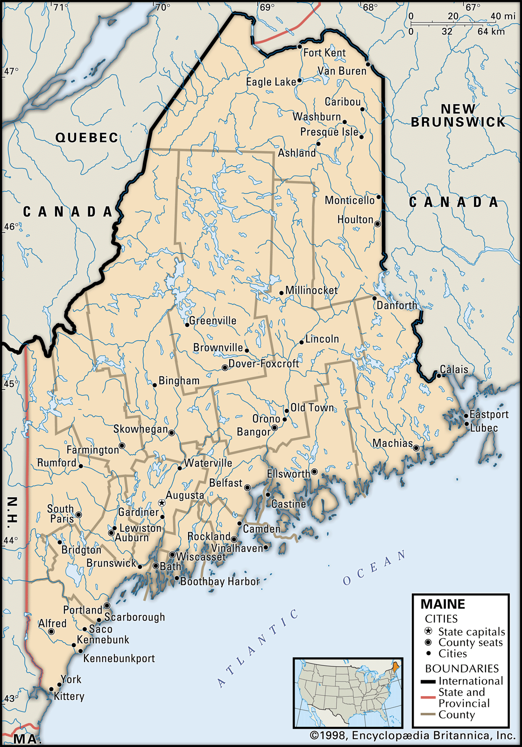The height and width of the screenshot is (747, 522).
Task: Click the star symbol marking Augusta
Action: [162, 503]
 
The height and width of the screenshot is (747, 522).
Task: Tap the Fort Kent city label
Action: [324, 53]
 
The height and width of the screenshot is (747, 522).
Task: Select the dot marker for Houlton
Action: [378, 224]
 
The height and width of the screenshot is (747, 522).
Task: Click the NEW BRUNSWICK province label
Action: [458, 115]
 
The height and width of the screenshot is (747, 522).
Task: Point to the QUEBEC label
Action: [87, 138]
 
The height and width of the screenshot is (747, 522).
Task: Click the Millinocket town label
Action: [311, 290]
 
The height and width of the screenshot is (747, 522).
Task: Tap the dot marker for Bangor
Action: [275, 428]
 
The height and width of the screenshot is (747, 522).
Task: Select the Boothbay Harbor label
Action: [220, 582]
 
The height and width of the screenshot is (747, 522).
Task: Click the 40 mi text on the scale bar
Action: [502, 16]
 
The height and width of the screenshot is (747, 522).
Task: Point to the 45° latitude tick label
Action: [11, 384]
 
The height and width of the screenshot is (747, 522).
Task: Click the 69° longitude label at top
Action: [268, 7]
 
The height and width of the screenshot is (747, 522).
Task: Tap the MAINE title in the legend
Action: [443, 604]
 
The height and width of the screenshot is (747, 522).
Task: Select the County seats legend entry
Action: [470, 642]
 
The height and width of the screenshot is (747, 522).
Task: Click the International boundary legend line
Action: [428, 682]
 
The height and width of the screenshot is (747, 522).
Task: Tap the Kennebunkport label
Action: [119, 659]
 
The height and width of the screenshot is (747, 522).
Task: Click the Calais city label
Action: [454, 369]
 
